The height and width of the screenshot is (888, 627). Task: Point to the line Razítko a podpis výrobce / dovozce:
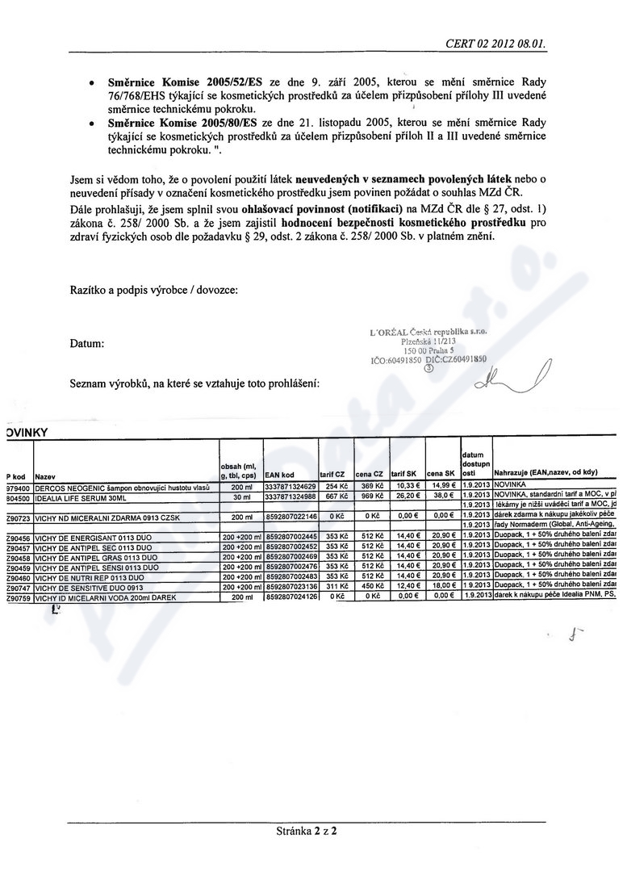(154, 290)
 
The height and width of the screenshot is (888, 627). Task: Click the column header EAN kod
(279, 475)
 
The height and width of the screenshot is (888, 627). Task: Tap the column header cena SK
(441, 475)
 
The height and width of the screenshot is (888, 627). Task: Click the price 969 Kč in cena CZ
(371, 496)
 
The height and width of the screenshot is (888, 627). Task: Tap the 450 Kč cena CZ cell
(371, 589)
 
